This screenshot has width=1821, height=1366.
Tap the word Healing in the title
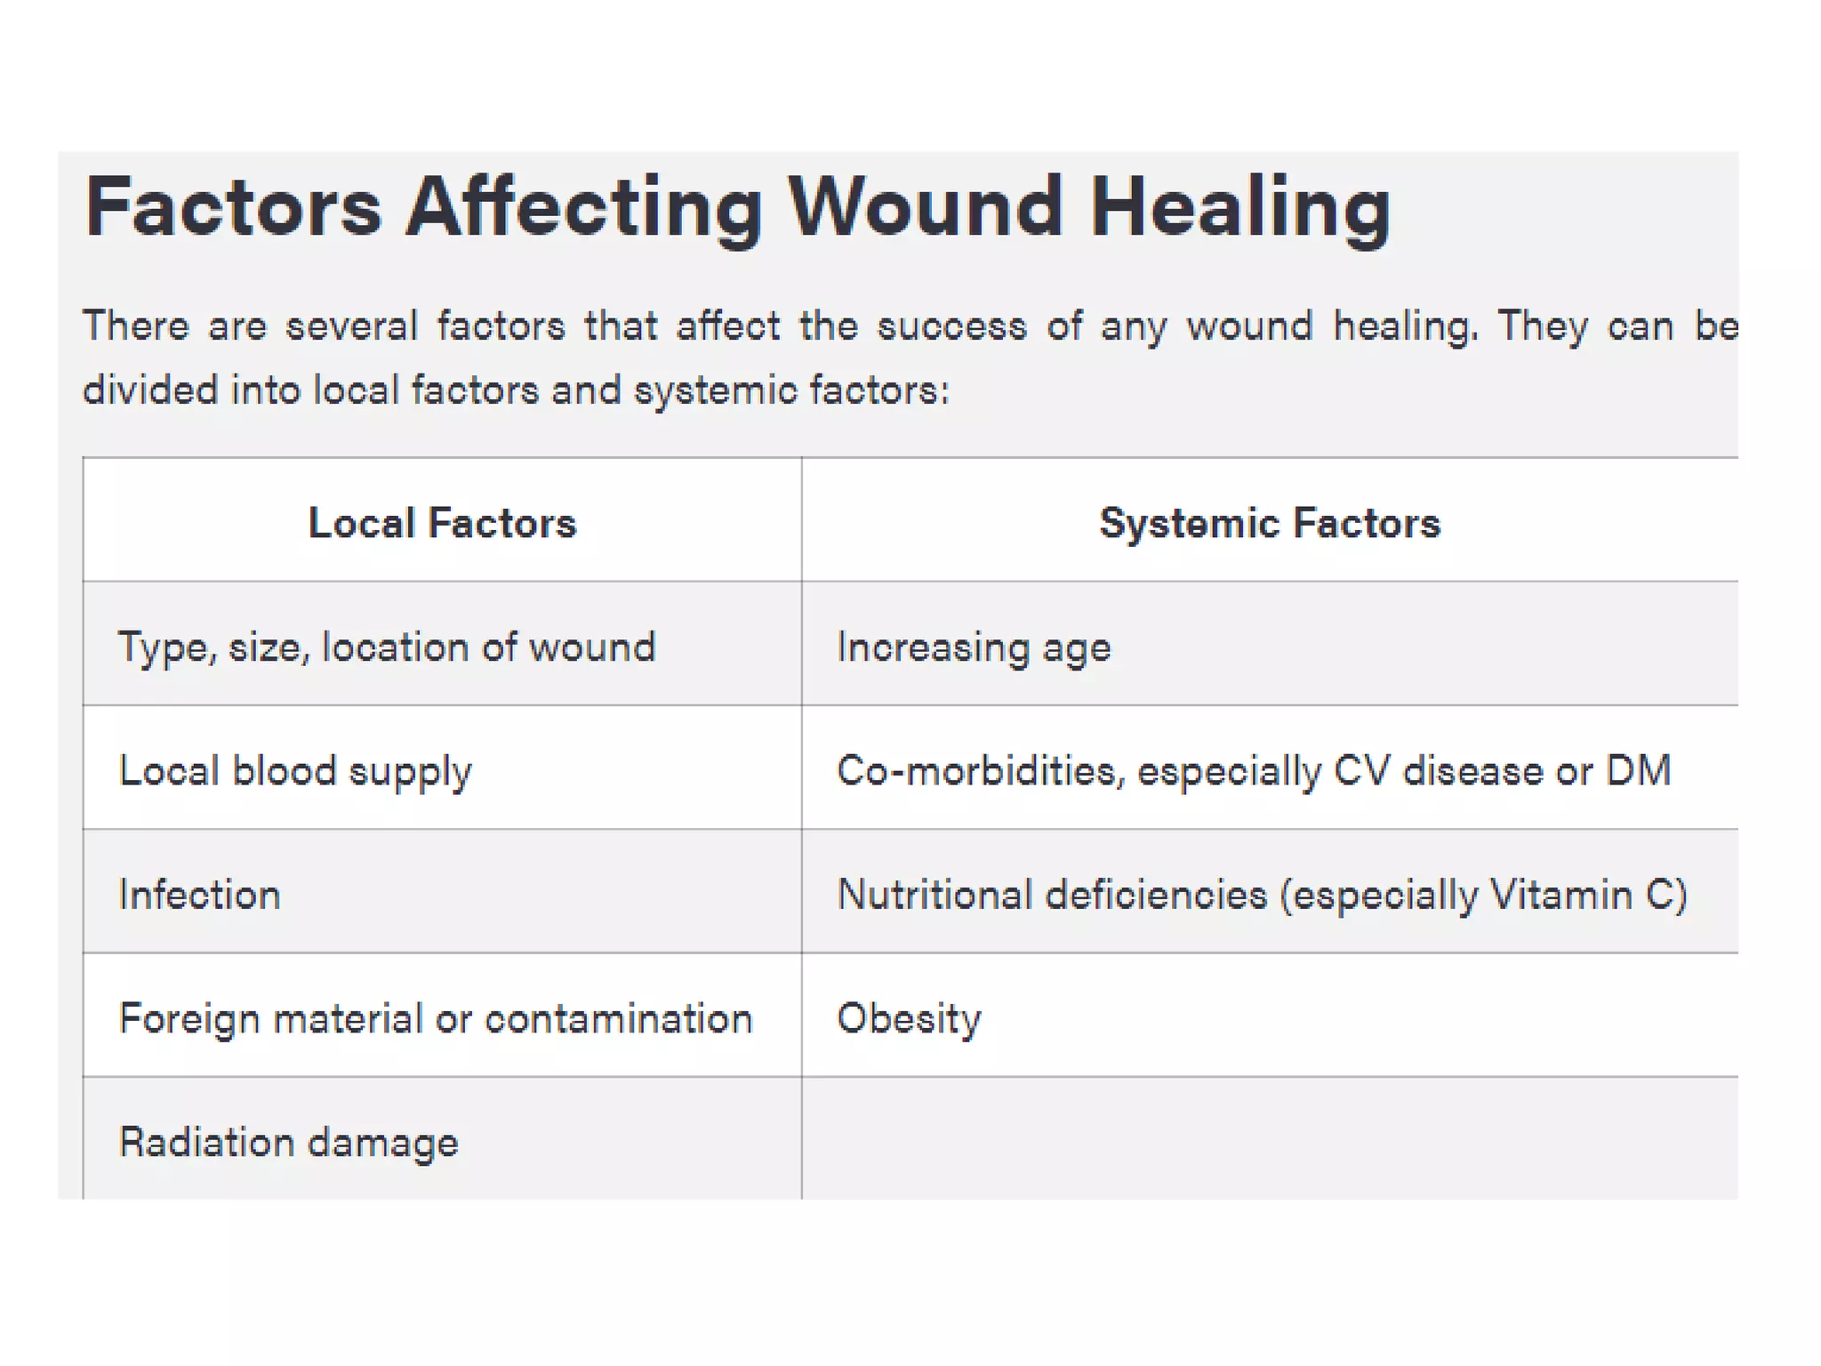click(1240, 209)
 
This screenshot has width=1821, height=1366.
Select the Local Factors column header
click(442, 523)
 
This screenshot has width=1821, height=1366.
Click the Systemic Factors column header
click(1269, 523)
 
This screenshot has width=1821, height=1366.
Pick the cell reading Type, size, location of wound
click(387, 647)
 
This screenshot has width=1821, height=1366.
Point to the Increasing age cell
click(974, 647)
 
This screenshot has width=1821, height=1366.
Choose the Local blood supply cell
click(295, 771)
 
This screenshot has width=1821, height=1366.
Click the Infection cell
click(200, 895)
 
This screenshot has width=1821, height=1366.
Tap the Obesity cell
click(909, 1018)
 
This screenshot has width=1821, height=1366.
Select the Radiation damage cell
click(289, 1143)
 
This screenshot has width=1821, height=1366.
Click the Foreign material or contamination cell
click(436, 1018)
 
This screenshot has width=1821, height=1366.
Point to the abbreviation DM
click(1638, 770)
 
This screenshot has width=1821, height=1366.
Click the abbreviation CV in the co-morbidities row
click(1361, 770)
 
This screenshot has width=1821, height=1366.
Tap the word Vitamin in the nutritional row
click(1561, 895)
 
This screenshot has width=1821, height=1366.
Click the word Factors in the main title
click(234, 207)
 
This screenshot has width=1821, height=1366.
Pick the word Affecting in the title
click(584, 209)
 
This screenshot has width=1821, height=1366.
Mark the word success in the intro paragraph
click(951, 326)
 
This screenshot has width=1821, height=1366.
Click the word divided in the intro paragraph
click(150, 390)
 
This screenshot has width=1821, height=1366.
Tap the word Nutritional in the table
click(935, 895)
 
